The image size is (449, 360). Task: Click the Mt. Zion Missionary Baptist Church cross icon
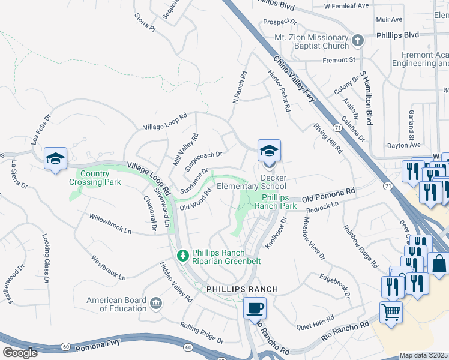(x=358, y=41)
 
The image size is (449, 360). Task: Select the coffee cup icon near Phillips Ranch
(x=255, y=308)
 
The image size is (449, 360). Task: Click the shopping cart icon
(x=391, y=313)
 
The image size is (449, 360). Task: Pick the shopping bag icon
(x=439, y=263)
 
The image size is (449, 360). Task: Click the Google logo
(x=20, y=352)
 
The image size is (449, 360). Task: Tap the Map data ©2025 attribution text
(x=424, y=355)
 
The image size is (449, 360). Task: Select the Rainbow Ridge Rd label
(x=360, y=245)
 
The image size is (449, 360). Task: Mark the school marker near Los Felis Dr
(x=55, y=159)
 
